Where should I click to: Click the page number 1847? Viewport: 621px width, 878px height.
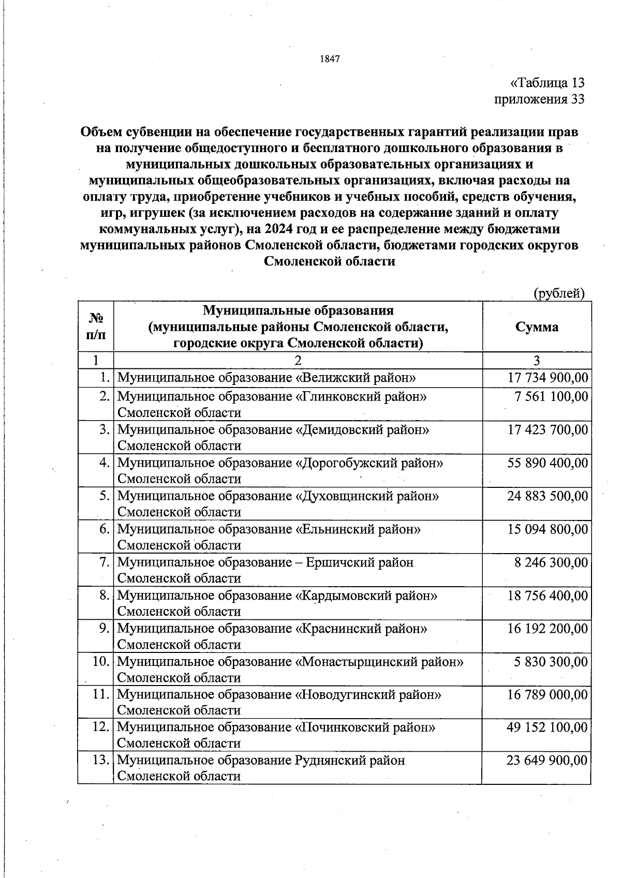[x=330, y=59]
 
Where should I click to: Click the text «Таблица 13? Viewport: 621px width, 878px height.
[x=547, y=83]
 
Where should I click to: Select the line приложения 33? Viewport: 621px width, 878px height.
[x=540, y=99]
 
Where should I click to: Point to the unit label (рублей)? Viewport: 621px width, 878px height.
[x=559, y=293]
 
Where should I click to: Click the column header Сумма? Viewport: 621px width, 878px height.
[x=537, y=327]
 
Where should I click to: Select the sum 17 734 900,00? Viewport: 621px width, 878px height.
[x=548, y=378]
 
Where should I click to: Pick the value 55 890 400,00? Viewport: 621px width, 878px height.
[x=548, y=463]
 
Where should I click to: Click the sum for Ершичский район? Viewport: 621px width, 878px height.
[x=551, y=562]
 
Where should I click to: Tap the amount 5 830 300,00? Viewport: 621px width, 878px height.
[x=551, y=662]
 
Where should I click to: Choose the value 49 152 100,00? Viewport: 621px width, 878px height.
[x=548, y=727]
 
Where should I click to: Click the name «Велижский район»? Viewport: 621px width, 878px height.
[x=356, y=378]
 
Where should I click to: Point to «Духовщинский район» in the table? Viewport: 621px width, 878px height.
[x=367, y=496]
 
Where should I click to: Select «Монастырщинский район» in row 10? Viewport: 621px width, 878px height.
[x=379, y=662]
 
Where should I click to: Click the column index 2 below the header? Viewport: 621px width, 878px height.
[x=298, y=361]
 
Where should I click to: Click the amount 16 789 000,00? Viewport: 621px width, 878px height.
[x=548, y=694]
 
